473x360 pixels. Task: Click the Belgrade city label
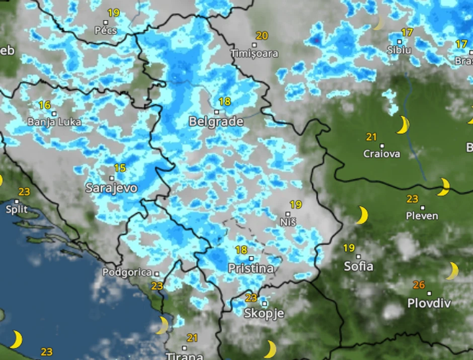216,122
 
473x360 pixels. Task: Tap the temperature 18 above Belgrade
224,102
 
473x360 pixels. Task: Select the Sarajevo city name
111,188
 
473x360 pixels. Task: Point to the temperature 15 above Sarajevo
120,168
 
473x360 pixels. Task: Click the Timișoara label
254,53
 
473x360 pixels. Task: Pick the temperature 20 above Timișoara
262,36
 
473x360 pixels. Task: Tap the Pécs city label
106,31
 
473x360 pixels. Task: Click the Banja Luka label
54,122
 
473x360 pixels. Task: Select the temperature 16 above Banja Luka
45,105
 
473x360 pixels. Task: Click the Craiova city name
382,154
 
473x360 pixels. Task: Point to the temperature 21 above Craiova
371,137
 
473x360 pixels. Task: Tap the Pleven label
422,216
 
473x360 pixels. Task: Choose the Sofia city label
359,266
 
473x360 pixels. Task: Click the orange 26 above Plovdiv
419,285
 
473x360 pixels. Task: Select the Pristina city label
251,268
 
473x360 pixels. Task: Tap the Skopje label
264,313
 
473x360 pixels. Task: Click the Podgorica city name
127,273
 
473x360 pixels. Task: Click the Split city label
17,209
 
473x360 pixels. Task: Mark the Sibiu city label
399,50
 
